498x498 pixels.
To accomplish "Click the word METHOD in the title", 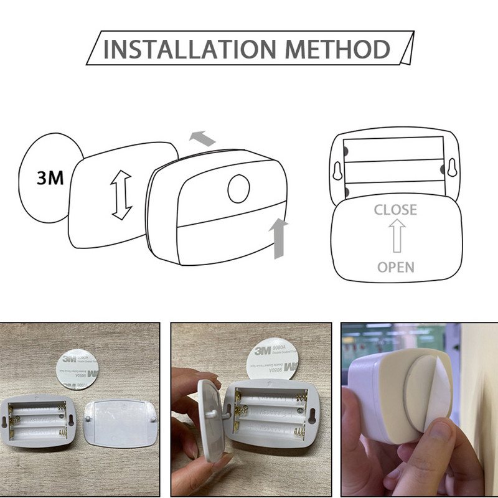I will (x=331, y=50).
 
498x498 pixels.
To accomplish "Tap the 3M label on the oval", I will (x=50, y=179).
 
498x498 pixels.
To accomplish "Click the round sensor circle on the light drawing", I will (x=238, y=189).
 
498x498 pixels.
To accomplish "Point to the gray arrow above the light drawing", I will (x=202, y=138).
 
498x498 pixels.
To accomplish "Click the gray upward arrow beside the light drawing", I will (x=278, y=238).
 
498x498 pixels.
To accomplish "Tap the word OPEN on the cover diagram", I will (x=396, y=267).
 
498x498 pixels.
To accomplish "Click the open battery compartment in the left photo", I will (x=39, y=422).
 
